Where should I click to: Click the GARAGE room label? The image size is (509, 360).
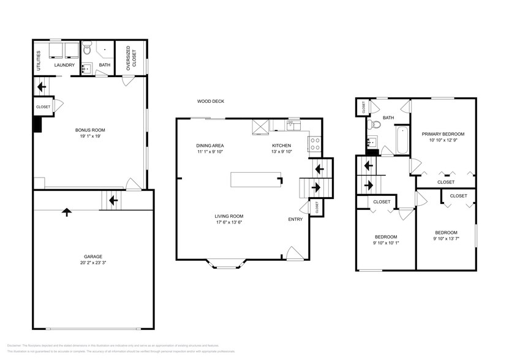click(x=93, y=257)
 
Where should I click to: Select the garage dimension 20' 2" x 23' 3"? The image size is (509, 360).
click(x=93, y=263)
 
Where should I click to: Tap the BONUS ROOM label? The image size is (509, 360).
click(x=90, y=130)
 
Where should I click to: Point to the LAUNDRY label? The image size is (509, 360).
click(x=64, y=66)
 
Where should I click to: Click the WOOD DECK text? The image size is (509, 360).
click(x=210, y=101)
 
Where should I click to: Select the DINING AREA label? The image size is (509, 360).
click(x=209, y=146)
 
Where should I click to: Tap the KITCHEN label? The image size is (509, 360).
click(x=282, y=146)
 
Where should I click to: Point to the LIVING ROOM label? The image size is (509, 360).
click(x=229, y=216)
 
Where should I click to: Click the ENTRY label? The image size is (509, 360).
click(x=295, y=219)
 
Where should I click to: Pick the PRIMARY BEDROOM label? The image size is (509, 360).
click(x=442, y=134)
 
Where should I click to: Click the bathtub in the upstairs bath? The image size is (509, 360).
click(x=401, y=141)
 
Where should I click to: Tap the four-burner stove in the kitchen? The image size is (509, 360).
click(x=315, y=144)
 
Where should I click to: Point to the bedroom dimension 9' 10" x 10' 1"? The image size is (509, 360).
click(x=385, y=243)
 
